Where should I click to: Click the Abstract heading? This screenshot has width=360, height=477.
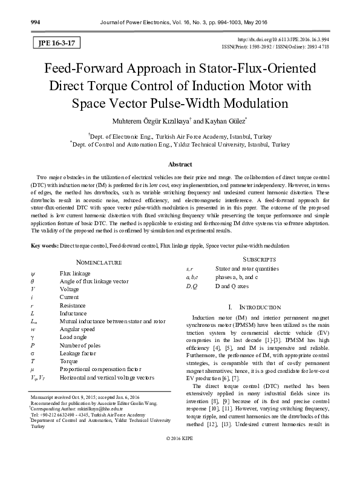tap(180, 164)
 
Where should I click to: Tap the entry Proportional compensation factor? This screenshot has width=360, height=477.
tap(100, 368)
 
